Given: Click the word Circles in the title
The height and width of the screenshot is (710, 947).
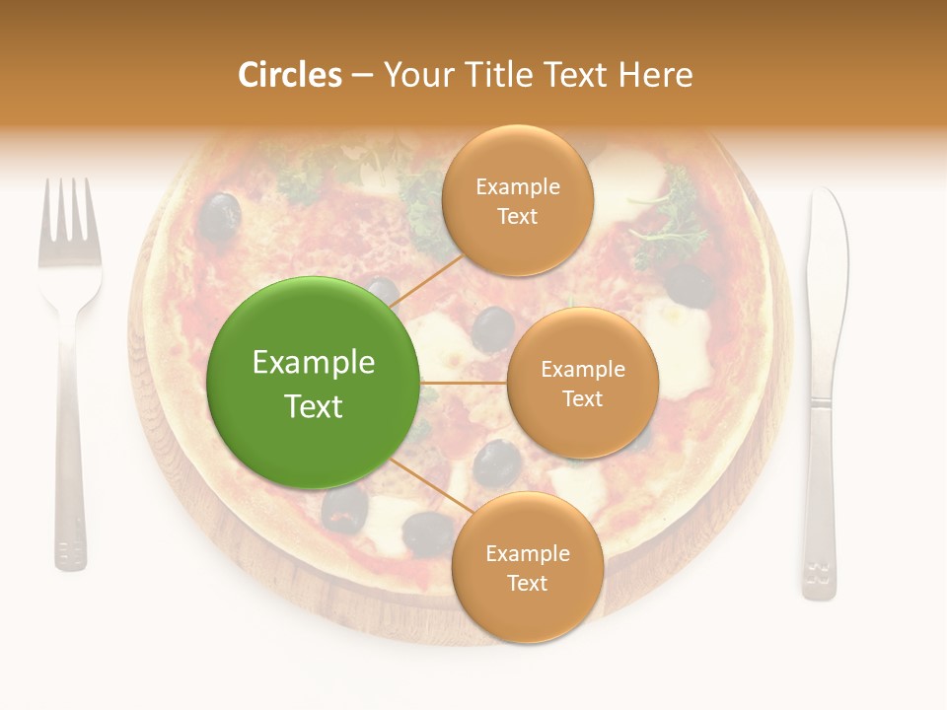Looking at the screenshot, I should click(290, 75).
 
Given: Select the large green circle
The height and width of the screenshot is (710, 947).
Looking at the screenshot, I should click(314, 383).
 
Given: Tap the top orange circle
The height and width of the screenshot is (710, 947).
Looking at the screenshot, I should click(518, 200).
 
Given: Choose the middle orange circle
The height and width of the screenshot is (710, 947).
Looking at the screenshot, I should click(583, 383).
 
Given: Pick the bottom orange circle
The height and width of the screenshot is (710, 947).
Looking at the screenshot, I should click(528, 567).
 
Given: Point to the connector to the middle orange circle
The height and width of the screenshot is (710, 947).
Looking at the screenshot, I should click(464, 383).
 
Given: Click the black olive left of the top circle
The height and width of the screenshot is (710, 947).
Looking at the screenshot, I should click(220, 217).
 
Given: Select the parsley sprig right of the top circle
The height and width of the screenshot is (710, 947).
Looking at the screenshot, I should click(676, 222).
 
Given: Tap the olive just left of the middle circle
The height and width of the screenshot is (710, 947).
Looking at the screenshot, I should click(492, 327).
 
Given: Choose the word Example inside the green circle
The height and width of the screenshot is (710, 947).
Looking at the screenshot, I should click(314, 363).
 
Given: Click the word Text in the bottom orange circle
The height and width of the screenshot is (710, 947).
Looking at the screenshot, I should click(528, 583).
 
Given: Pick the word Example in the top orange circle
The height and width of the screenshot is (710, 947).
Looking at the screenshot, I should click(518, 186).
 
